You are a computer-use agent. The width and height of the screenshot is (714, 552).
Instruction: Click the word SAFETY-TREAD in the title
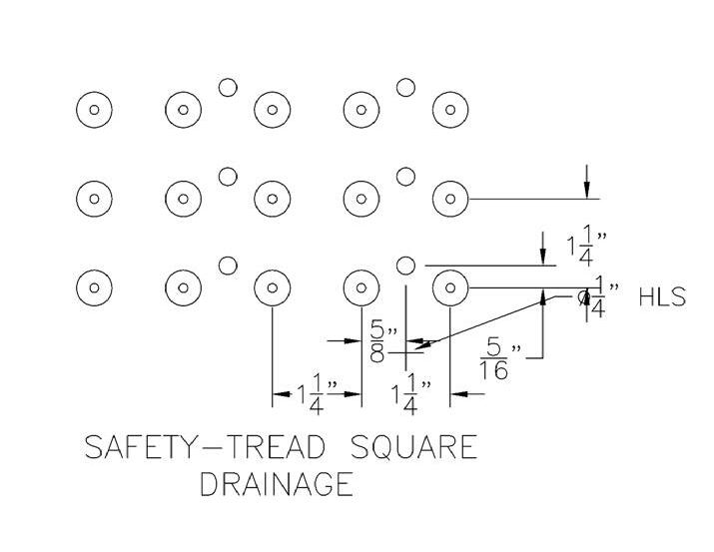tap(189, 446)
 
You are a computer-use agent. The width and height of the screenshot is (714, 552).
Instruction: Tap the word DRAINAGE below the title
tap(277, 484)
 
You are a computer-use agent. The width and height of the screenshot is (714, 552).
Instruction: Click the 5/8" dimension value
tap(376, 341)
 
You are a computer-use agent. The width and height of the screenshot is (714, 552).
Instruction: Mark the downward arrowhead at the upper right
tap(587, 188)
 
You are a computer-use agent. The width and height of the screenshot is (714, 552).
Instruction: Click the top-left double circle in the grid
tap(94, 110)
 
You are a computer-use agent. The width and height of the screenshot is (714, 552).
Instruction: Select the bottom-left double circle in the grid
tap(94, 287)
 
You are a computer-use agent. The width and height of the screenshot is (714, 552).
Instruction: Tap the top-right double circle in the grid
tap(449, 110)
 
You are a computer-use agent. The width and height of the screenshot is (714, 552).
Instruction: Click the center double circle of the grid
tap(271, 198)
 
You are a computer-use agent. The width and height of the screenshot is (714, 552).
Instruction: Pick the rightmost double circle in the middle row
tap(449, 198)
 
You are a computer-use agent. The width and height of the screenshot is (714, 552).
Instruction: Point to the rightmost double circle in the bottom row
tap(449, 287)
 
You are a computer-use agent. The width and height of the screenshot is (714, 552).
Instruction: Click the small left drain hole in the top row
tap(228, 88)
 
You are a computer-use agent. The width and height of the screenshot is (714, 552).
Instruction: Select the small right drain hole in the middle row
tap(405, 177)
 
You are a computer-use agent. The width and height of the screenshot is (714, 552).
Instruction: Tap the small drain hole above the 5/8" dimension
tap(405, 266)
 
